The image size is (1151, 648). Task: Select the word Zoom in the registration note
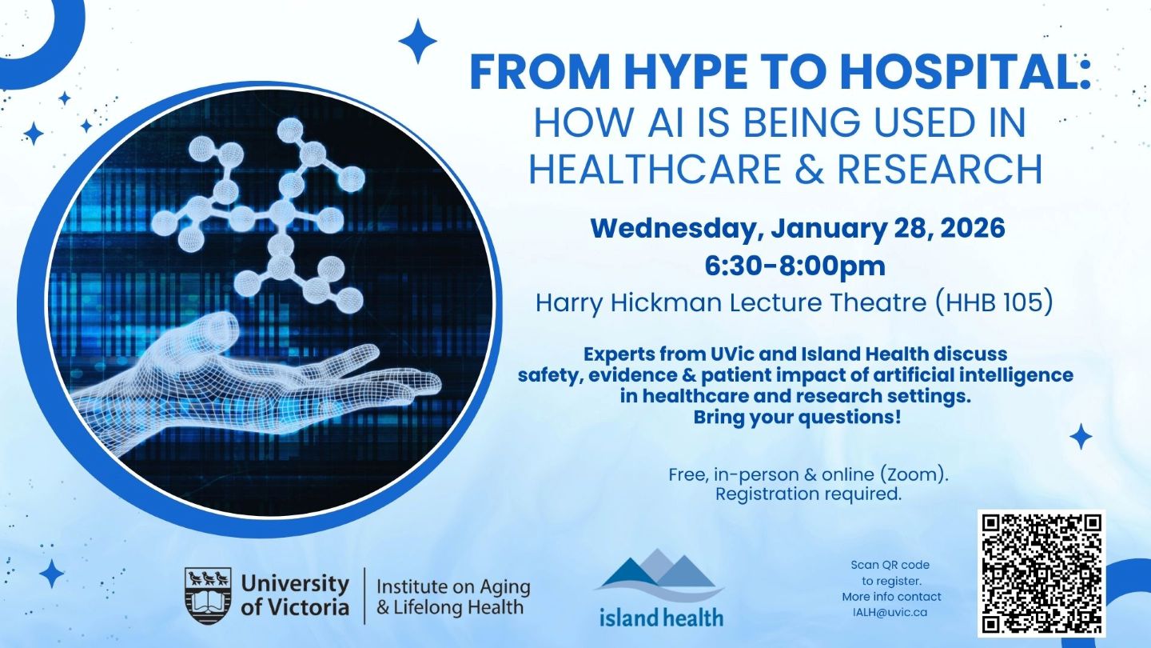pos(918,475)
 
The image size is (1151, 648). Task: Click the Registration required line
pos(808,494)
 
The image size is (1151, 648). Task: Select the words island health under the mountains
pos(661,617)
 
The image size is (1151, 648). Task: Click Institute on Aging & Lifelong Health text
pos(452,597)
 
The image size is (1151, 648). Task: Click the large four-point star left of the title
pos(417,42)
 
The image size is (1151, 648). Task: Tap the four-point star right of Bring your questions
pos(1081,436)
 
